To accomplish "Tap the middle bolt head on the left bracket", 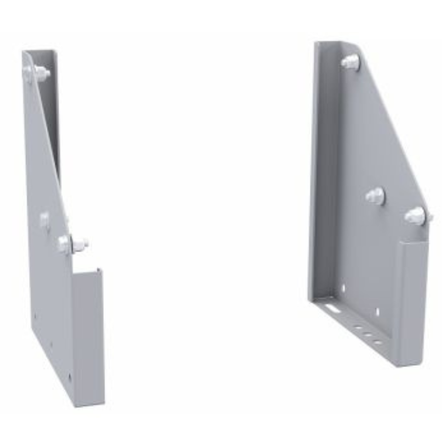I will pyautogui.click(x=45, y=220).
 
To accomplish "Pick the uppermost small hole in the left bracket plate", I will pyautogui.click(x=35, y=317).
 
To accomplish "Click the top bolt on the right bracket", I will pyautogui.click(x=350, y=62).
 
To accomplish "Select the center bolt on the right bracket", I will pyautogui.click(x=375, y=196).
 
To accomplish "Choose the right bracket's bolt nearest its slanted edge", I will pyautogui.click(x=415, y=215).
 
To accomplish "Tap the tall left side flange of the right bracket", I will pyautogui.click(x=323, y=166).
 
